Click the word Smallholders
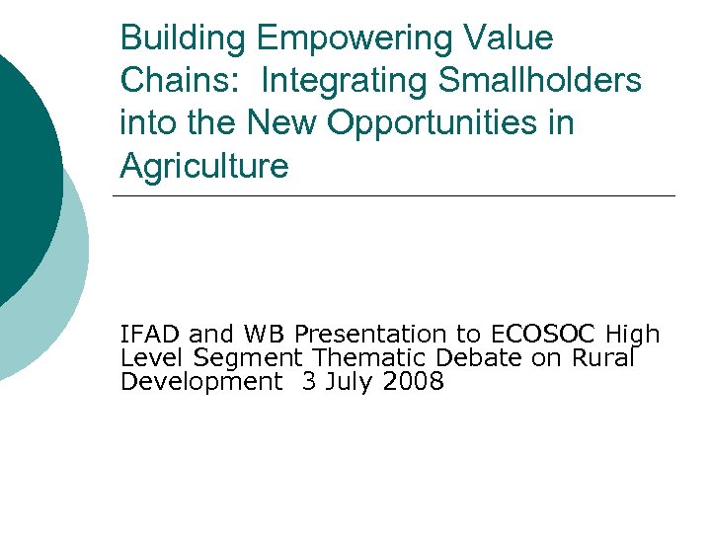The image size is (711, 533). (539, 81)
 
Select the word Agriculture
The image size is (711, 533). (204, 166)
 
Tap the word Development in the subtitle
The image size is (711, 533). (200, 382)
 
